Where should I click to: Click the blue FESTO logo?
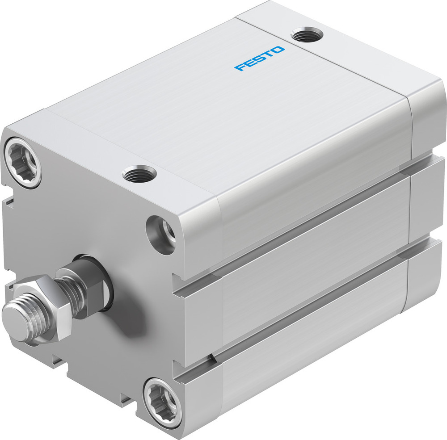click(259, 58)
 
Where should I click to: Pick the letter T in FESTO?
click(268, 54)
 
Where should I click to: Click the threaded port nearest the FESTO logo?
click(306, 35)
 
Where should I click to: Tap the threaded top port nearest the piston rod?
click(139, 173)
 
